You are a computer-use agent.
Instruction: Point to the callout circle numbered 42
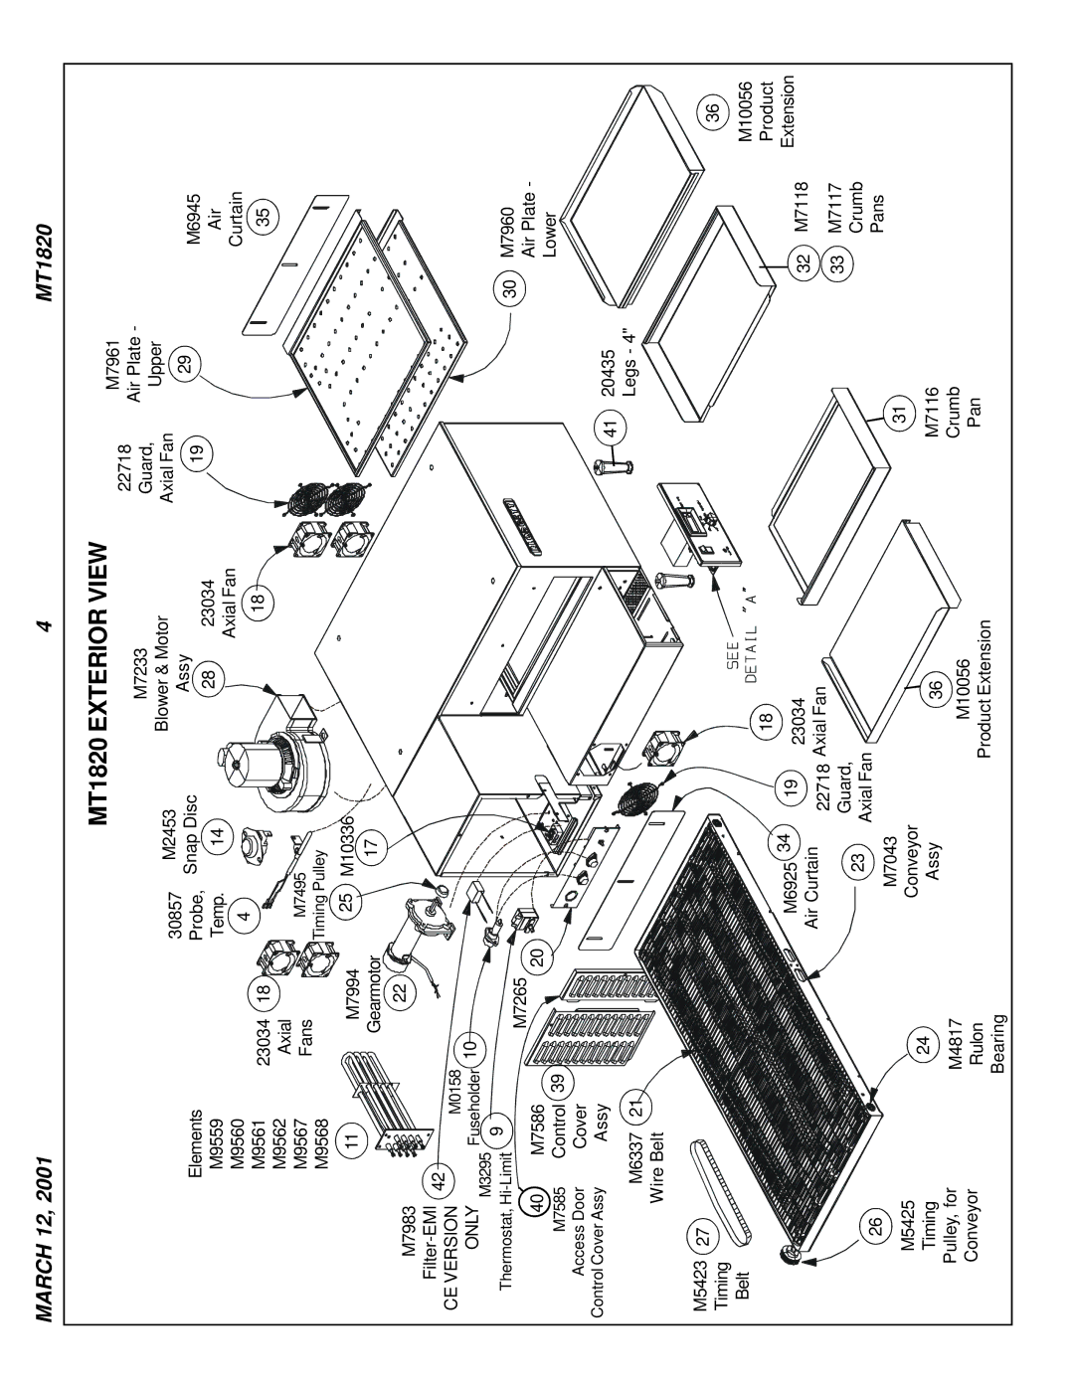pos(438,1177)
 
